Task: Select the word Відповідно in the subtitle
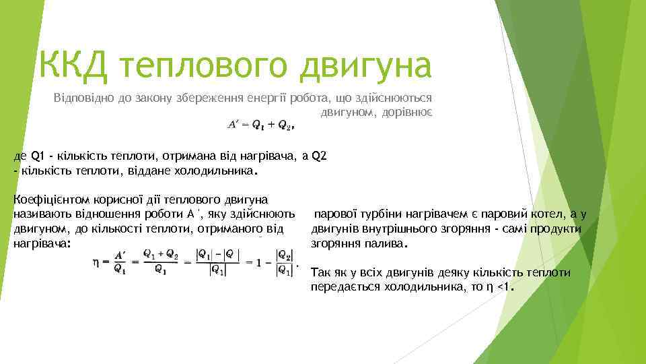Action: tap(81, 98)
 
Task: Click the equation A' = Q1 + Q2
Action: tap(260, 124)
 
